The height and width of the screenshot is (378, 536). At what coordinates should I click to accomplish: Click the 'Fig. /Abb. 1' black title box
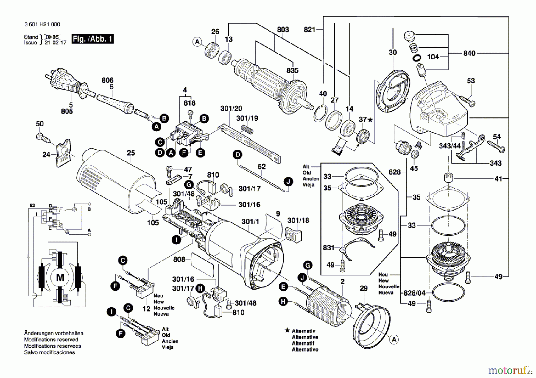click(x=93, y=39)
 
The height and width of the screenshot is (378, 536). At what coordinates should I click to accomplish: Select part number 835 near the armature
click(x=292, y=70)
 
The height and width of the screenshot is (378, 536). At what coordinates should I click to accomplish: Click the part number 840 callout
click(x=469, y=53)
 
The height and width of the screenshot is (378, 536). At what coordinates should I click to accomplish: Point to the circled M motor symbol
click(x=60, y=277)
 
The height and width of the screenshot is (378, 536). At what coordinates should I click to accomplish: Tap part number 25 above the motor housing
click(x=131, y=153)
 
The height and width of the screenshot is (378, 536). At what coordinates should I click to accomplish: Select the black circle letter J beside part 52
click(x=288, y=181)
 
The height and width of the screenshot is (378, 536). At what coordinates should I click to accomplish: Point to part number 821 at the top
click(x=309, y=29)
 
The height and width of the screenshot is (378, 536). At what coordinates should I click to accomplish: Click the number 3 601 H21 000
click(x=42, y=24)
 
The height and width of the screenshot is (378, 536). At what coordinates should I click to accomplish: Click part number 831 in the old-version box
click(x=328, y=247)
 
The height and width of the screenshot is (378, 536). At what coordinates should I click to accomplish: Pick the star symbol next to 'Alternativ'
click(x=287, y=330)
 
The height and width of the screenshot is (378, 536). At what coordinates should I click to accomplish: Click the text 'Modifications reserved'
click(x=51, y=340)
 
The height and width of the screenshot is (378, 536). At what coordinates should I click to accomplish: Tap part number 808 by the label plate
click(x=179, y=259)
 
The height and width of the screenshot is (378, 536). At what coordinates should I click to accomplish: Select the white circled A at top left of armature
click(x=197, y=42)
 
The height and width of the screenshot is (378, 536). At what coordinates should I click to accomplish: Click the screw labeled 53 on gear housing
click(x=467, y=100)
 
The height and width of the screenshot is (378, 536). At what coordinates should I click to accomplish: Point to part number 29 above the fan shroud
click(x=363, y=288)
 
